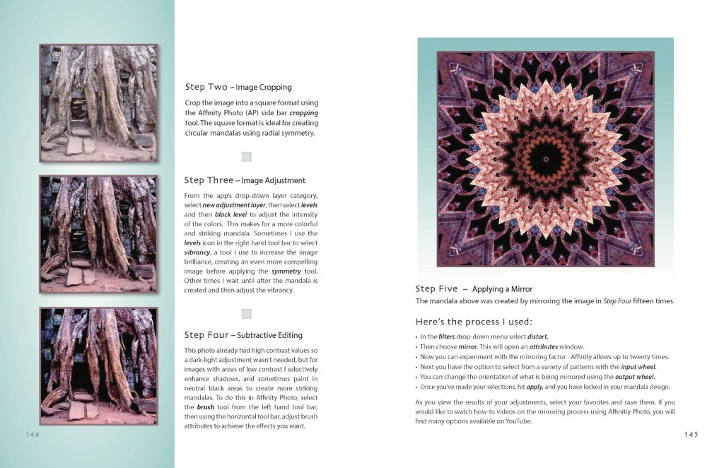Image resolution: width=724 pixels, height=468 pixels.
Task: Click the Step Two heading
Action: point(238,87)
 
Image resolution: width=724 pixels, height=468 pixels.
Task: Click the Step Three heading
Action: point(245,180)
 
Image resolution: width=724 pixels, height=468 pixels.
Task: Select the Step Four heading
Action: point(243,335)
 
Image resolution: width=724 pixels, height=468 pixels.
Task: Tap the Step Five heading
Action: point(474,288)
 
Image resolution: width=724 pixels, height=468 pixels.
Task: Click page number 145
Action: point(690,434)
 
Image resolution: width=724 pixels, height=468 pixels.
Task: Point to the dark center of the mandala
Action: point(544,159)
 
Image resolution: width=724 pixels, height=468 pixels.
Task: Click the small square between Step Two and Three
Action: point(246,157)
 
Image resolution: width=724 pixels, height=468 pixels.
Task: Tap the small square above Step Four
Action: point(246,313)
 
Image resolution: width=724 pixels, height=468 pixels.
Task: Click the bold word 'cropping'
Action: point(304,113)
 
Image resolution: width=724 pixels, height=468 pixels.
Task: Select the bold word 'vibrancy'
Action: point(198,252)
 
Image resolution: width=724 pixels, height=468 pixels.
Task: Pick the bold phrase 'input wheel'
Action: point(638,367)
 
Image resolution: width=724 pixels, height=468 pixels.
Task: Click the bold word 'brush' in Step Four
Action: point(206,407)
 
